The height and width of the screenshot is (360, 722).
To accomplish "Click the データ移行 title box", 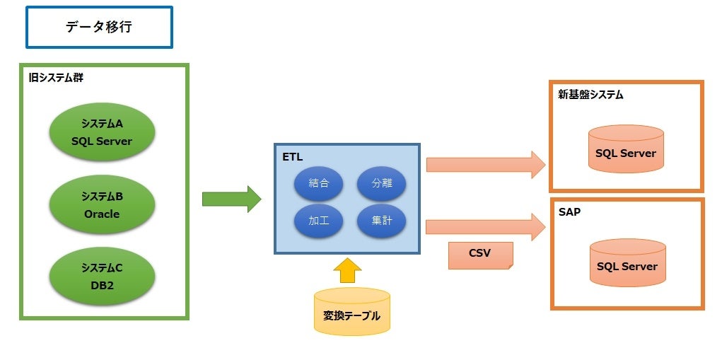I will [99, 28].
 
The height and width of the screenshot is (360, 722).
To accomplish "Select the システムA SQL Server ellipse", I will [102, 132].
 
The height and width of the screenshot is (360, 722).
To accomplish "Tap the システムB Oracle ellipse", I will [102, 205].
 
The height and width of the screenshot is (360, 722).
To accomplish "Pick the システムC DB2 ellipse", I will [102, 277].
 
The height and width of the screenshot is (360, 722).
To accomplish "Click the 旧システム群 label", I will [56, 78].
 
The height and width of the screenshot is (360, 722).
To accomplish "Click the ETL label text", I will [292, 156].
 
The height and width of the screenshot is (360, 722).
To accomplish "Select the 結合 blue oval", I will [319, 183].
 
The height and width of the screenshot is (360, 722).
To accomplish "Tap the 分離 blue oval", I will [381, 183].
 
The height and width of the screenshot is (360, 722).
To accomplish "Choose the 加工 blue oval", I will [319, 221].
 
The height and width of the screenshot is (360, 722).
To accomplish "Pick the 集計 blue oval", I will [381, 221].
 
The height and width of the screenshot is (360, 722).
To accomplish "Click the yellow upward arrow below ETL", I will [347, 270].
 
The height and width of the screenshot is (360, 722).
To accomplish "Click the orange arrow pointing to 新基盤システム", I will [485, 165].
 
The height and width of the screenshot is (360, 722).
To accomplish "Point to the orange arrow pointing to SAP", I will [485, 227].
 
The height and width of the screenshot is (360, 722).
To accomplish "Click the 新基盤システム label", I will [590, 94].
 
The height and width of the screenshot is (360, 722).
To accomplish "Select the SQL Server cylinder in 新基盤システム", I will [626, 149].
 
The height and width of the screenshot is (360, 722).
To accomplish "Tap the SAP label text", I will [569, 211].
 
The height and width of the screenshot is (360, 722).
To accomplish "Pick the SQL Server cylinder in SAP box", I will [627, 262].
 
